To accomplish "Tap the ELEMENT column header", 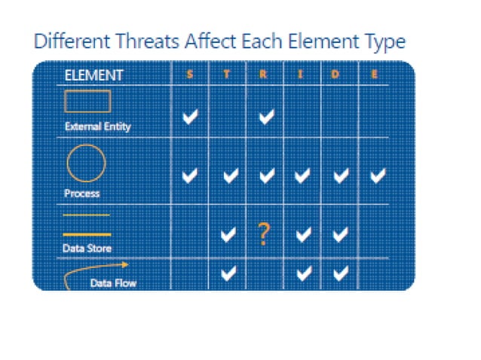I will (x=94, y=75).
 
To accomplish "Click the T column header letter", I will (x=227, y=75).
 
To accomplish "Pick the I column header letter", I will (x=302, y=75).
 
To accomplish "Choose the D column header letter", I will (x=339, y=75).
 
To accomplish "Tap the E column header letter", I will (x=375, y=75).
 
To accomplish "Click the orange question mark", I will (x=263, y=235).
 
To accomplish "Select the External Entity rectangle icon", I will (x=87, y=102).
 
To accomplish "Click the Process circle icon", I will (x=87, y=162).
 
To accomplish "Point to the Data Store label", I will (x=87, y=249).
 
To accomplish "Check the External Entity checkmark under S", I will (x=191, y=117).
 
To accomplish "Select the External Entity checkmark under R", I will (x=265, y=117).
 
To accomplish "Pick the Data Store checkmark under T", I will (x=228, y=235).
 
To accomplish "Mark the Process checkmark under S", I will (x=191, y=175).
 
